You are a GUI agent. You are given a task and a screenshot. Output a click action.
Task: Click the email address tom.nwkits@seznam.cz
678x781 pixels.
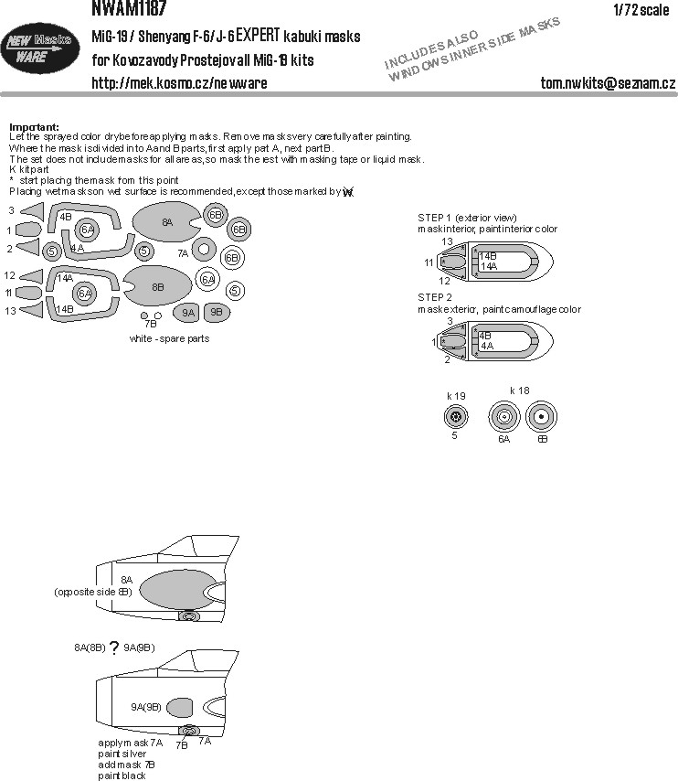tap(608, 83)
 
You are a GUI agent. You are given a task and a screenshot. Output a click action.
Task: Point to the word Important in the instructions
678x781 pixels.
tap(34, 126)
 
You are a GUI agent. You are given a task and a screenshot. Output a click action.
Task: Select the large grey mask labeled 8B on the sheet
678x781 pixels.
tap(158, 286)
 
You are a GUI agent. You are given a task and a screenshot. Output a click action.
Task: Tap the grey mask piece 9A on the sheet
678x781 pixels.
tap(187, 312)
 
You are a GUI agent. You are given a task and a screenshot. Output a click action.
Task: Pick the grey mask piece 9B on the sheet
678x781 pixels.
tap(217, 312)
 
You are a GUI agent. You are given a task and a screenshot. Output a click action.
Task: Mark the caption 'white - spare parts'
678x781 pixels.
tap(169, 338)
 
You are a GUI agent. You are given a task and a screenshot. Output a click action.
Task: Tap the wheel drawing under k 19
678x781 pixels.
tap(455, 419)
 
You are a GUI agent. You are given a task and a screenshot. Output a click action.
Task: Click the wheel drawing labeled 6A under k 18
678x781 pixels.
tap(503, 419)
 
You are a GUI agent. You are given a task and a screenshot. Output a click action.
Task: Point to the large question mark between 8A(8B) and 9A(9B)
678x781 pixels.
tap(114, 649)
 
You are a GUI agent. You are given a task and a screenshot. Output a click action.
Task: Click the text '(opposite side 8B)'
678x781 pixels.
tap(92, 592)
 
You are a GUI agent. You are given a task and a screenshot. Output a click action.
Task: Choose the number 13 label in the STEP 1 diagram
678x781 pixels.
tap(447, 241)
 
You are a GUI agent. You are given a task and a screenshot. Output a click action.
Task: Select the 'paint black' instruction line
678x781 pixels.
tap(122, 776)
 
